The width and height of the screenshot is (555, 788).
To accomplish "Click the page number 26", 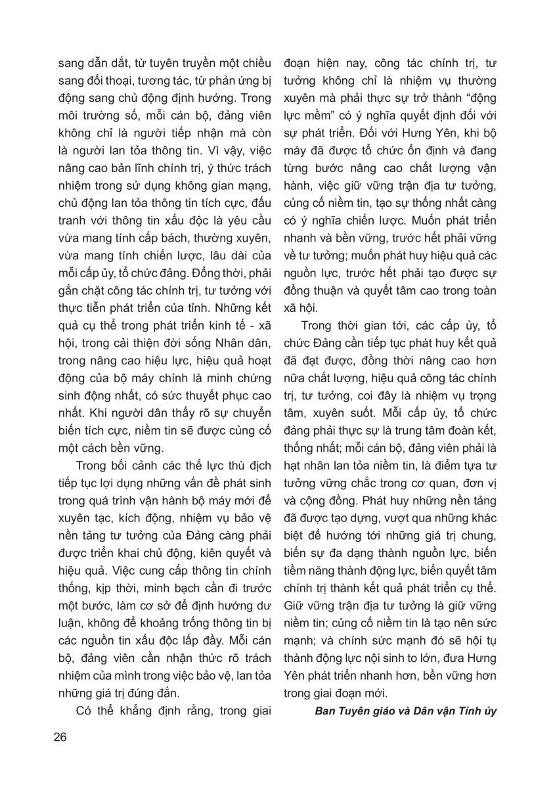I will (60, 736).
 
